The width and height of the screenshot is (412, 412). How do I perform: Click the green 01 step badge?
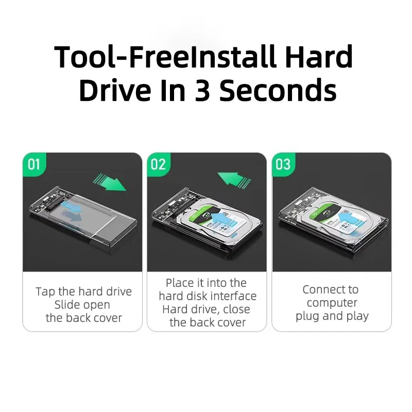tap(34, 164)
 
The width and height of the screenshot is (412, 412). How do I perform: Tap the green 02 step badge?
tap(159, 164)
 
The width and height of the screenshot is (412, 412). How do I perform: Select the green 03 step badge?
tap(283, 164)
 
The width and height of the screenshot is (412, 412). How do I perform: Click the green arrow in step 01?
tap(110, 182)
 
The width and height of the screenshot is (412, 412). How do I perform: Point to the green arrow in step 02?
tap(234, 180)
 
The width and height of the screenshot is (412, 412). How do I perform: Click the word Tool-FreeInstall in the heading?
tap(165, 57)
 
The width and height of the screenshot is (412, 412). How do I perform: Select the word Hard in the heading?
tap(319, 57)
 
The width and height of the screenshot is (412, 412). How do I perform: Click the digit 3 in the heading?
tap(202, 91)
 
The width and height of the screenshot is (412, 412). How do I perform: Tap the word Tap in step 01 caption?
tap(45, 292)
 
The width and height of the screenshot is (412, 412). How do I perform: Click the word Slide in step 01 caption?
tap(67, 304)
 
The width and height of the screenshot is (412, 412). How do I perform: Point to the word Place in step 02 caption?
tap(180, 283)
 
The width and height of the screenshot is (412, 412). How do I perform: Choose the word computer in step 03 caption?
tap(332, 303)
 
